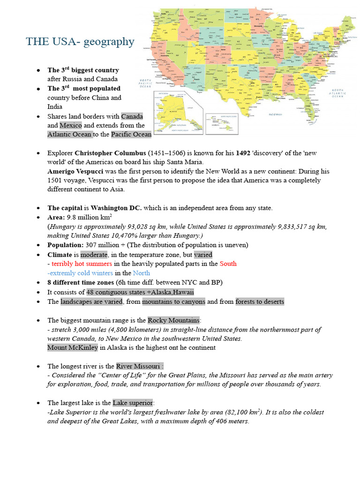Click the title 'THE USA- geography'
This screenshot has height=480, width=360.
(x=80, y=42)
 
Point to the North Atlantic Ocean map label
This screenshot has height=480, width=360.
(x=338, y=93)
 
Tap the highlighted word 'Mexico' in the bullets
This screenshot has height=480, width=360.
(x=70, y=125)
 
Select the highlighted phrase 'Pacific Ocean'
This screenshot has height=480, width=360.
(x=131, y=135)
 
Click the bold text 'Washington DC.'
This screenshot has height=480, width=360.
(x=116, y=208)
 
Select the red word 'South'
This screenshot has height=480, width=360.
(x=228, y=263)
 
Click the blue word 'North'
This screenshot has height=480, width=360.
(x=142, y=273)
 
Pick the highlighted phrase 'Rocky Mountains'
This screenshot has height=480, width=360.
(x=173, y=320)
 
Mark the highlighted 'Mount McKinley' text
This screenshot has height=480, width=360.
(x=73, y=347)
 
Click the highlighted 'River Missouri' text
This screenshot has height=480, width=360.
(x=139, y=366)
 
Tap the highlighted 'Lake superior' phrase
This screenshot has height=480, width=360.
(x=133, y=403)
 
